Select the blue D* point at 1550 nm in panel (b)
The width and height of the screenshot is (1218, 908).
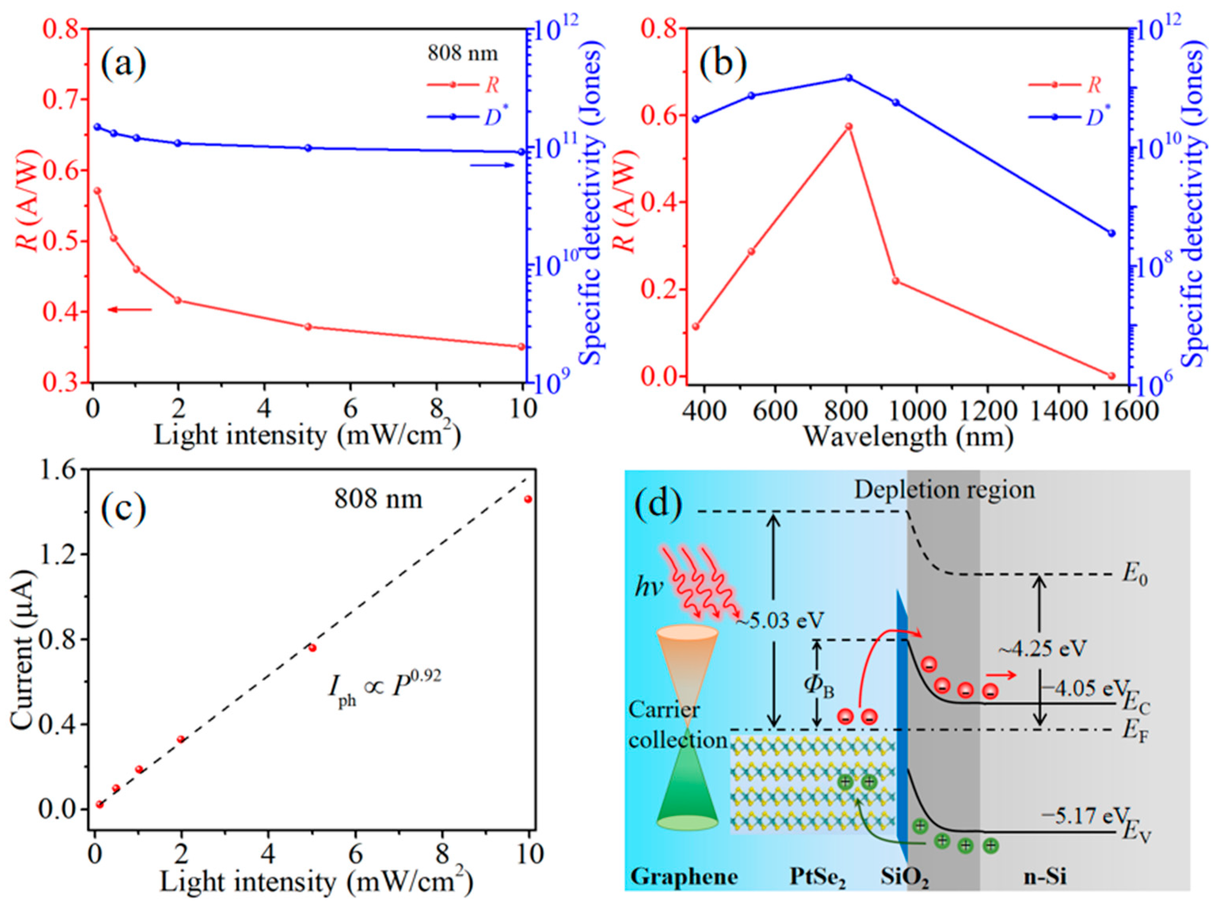(1111, 233)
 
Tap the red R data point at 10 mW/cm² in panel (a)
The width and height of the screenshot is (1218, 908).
(521, 346)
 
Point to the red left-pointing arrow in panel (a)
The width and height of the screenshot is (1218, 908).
(129, 310)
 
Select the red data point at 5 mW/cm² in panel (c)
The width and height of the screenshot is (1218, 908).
(312, 648)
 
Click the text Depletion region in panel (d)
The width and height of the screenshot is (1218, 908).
(944, 490)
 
